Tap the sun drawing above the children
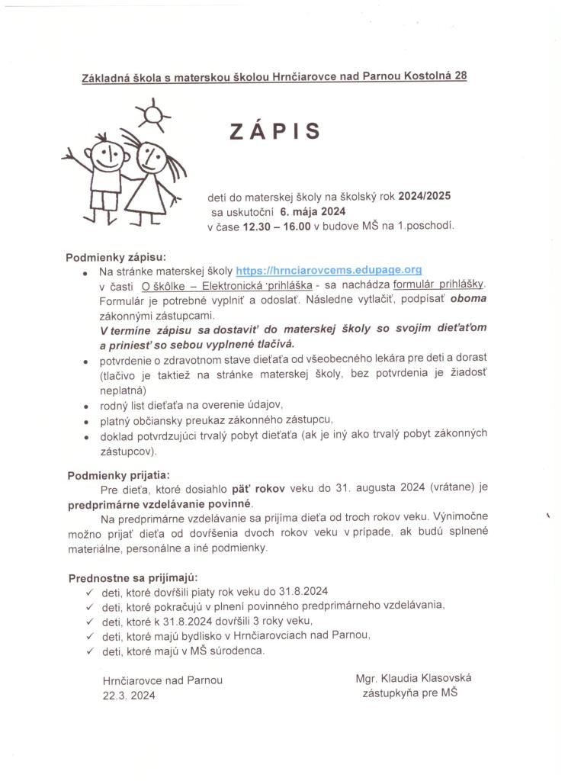tap(152, 115)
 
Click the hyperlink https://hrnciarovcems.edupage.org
tap(329, 270)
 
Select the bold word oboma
tap(468, 299)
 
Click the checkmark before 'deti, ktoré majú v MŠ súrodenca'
tap(89, 651)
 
